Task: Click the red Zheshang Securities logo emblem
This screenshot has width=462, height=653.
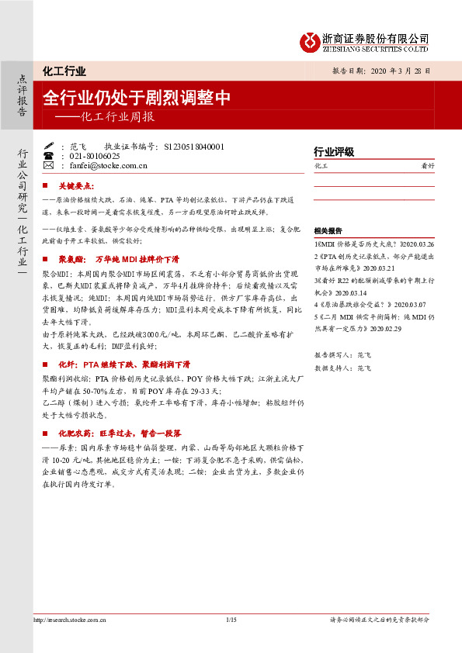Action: coord(310,40)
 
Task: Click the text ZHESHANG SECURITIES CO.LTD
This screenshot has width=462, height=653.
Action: coord(376,49)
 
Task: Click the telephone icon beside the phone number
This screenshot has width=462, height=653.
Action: coord(49,155)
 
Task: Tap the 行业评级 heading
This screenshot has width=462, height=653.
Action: coord(333,150)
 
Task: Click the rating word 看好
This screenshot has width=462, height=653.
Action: coord(427,166)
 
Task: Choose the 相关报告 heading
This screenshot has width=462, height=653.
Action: coord(329,231)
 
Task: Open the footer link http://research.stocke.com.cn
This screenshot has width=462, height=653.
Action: coord(71,620)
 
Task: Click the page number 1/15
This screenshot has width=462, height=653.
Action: coord(231,620)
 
